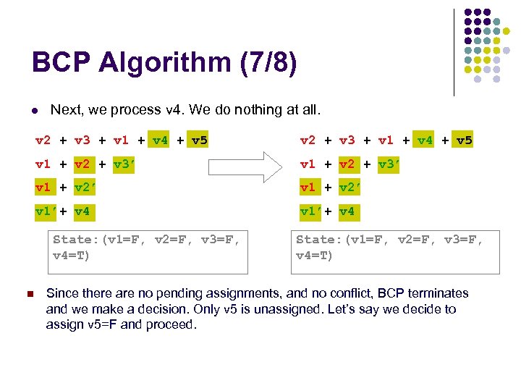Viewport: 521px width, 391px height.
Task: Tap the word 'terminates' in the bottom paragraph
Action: point(437,293)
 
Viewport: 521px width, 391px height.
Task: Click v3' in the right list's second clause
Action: point(389,164)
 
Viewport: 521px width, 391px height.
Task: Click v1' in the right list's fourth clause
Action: point(311,211)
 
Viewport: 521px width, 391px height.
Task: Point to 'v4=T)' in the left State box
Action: point(72,256)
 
